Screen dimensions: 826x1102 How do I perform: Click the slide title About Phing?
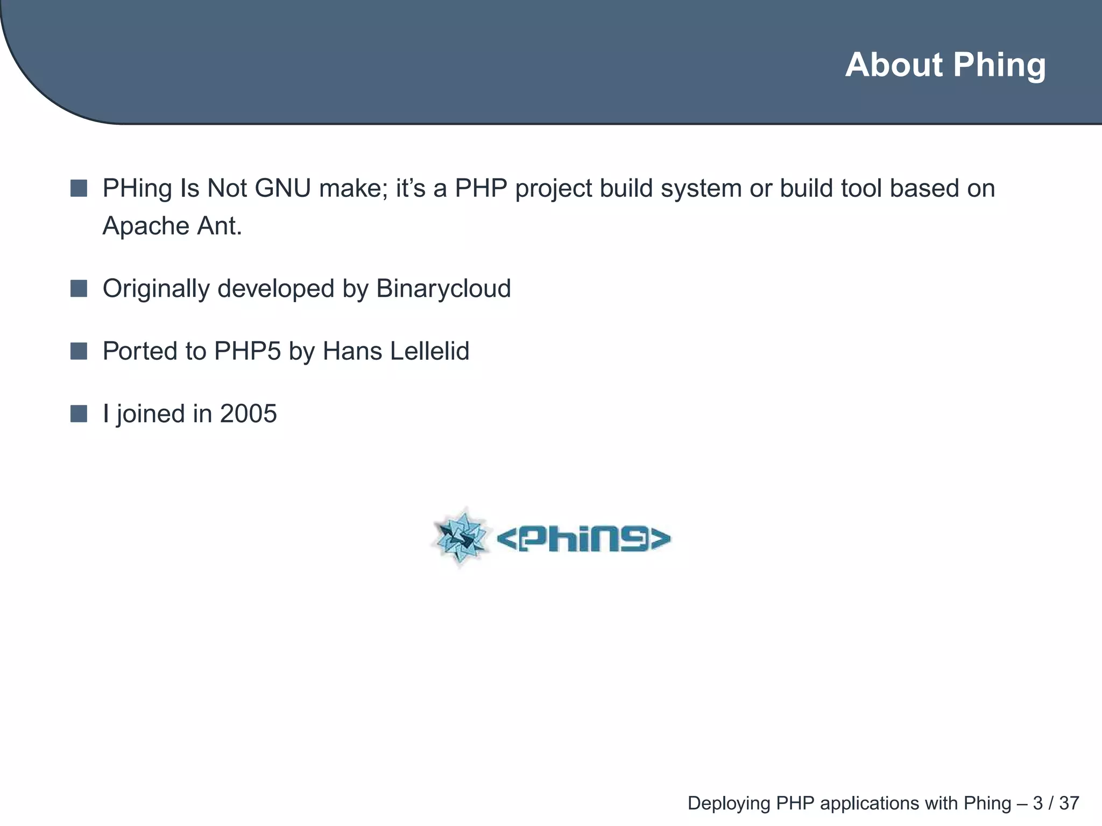pyautogui.click(x=945, y=65)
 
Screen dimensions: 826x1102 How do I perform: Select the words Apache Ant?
pyautogui.click(x=172, y=226)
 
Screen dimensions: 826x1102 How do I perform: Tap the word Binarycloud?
pyautogui.click(x=443, y=289)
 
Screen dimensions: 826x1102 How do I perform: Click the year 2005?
pyautogui.click(x=248, y=414)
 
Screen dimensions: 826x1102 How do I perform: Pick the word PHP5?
pyautogui.click(x=247, y=351)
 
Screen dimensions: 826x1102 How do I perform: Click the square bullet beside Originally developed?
pyautogui.click(x=79, y=289)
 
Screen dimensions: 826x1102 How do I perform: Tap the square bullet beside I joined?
pyautogui.click(x=79, y=414)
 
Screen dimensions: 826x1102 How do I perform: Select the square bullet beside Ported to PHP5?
pyautogui.click(x=79, y=351)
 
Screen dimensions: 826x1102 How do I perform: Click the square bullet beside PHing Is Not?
pyautogui.click(x=79, y=189)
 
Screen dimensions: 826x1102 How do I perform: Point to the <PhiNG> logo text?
pyautogui.click(x=583, y=539)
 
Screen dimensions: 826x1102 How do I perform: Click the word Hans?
pyautogui.click(x=352, y=351)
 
